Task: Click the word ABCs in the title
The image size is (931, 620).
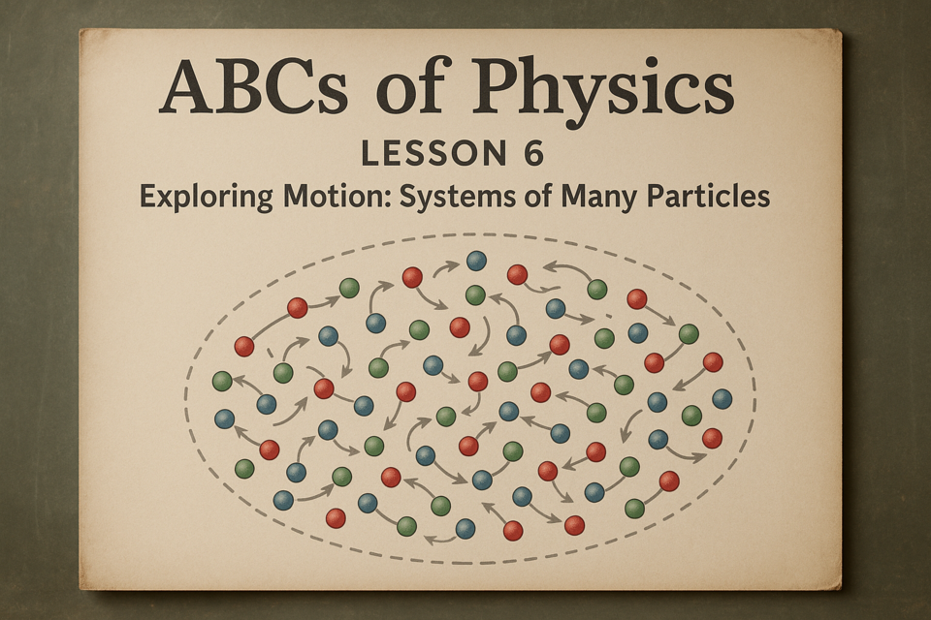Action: point(253,86)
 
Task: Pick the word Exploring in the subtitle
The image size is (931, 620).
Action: point(206,197)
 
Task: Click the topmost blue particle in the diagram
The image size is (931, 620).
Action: point(476,261)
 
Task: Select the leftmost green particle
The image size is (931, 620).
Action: point(222,381)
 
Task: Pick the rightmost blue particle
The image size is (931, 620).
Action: point(722,399)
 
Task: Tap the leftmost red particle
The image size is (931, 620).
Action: point(244,346)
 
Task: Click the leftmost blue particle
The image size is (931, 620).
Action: point(224,419)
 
